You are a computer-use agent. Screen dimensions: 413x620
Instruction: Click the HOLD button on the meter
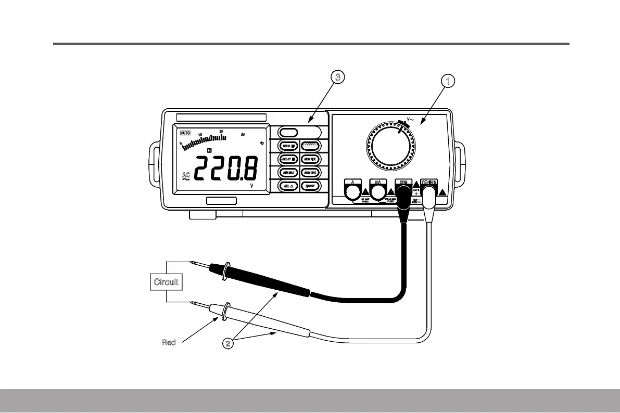tap(287, 146)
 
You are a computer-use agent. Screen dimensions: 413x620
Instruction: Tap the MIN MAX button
tap(287, 172)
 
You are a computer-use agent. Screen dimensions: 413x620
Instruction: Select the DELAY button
tap(287, 159)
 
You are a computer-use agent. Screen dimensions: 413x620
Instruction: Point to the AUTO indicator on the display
tap(186, 132)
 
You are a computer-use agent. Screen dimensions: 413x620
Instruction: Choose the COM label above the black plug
tap(402, 182)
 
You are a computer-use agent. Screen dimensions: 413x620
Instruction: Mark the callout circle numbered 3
tap(338, 78)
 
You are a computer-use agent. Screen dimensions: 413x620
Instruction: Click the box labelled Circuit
tap(166, 282)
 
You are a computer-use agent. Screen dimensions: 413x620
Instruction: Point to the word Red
tap(168, 342)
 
